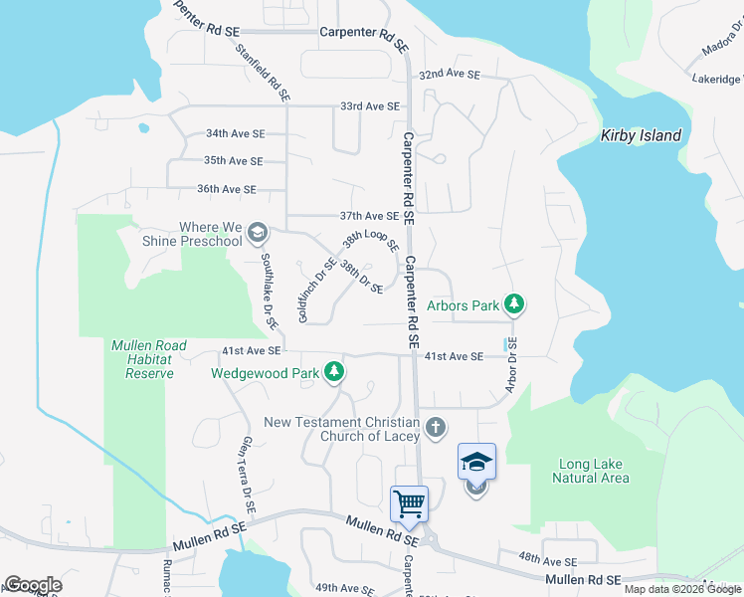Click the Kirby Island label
point(641,136)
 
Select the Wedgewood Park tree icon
point(335,373)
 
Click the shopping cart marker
point(409,503)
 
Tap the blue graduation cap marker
point(476,462)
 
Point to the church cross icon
point(434,428)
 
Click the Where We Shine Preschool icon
point(258,234)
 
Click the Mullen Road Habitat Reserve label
point(149,359)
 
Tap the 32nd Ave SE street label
point(449,75)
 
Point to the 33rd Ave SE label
point(369,106)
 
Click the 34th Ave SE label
point(235,133)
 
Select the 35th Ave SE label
point(233,160)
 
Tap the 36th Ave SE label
point(227,189)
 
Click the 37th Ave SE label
point(369,216)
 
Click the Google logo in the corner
point(33,585)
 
